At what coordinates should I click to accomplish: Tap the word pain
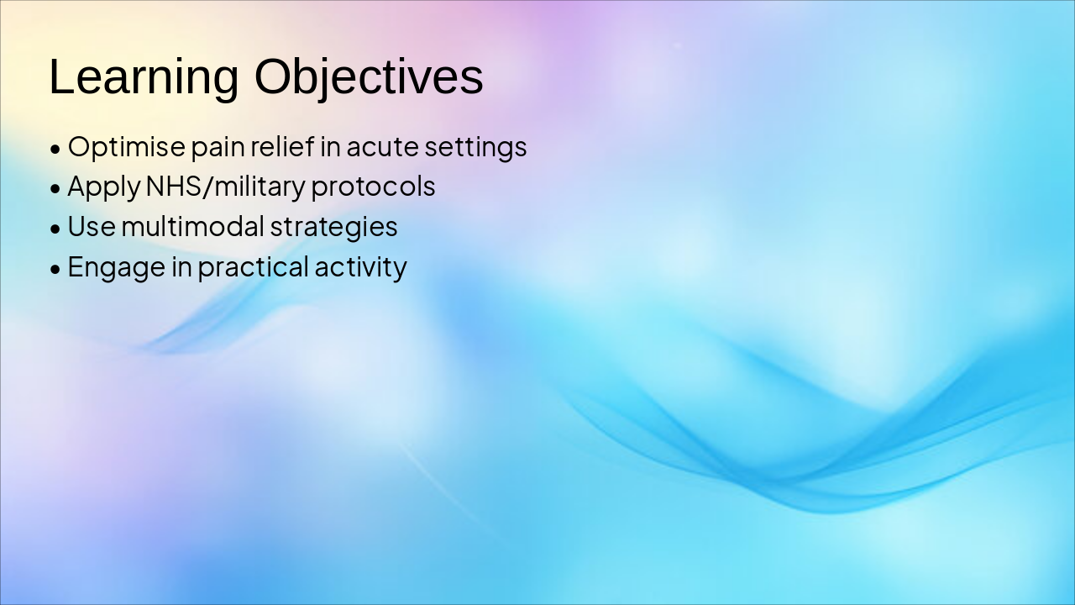pos(218,148)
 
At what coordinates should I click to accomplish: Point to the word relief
pos(282,146)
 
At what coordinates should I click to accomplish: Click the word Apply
pos(103,187)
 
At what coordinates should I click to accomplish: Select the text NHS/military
pos(225,187)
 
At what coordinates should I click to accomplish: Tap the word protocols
pos(374,187)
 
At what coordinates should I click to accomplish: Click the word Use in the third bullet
pos(92,226)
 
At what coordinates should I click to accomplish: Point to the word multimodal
pos(193,226)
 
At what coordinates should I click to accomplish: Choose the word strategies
pos(334,227)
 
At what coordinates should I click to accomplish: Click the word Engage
pos(117,267)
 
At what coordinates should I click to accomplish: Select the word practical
pos(254,267)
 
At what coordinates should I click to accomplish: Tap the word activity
pos(361,267)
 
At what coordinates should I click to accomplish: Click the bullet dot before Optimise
pos(55,150)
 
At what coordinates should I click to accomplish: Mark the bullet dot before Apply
pos(55,189)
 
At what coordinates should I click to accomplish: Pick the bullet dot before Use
pos(55,229)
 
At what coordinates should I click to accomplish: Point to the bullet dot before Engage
pos(55,270)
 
